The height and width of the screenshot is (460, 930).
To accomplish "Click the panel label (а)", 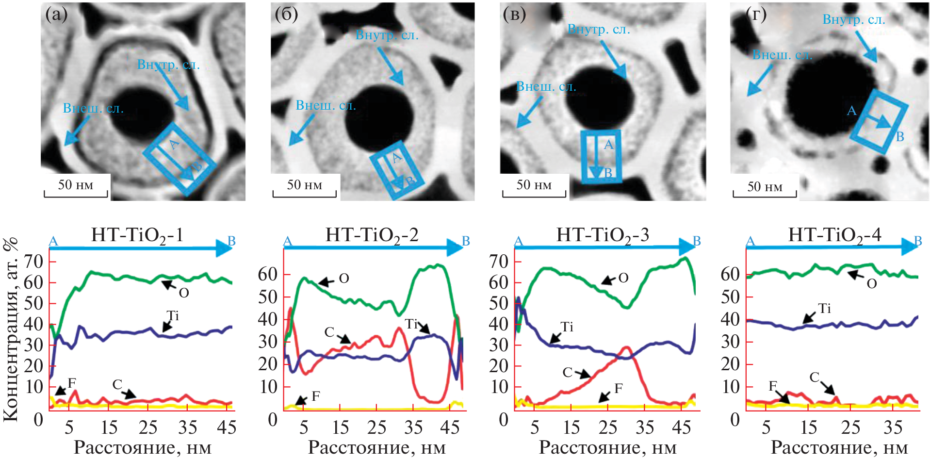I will click(56, 15).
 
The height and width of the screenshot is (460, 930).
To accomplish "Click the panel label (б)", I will click(286, 15).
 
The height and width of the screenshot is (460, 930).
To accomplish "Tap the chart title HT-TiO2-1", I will click(137, 235).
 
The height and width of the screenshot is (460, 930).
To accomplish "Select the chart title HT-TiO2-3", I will click(602, 235).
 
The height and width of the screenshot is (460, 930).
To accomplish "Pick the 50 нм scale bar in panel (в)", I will click(534, 185).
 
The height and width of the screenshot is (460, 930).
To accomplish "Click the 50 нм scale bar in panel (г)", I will click(765, 187).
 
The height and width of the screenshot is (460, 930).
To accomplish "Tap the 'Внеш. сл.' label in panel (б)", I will click(326, 106).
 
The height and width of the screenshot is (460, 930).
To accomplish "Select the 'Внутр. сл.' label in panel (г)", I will click(853, 20).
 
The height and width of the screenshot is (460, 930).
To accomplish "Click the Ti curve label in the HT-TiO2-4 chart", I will click(824, 309).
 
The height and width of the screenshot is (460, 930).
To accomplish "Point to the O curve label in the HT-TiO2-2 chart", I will click(343, 279).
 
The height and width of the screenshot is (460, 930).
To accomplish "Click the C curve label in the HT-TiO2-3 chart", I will click(568, 372).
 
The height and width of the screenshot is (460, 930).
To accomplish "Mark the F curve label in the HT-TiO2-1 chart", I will click(72, 383).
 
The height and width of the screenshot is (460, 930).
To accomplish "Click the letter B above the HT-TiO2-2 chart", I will click(466, 241).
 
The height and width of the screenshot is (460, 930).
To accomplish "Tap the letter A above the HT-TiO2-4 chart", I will click(750, 241).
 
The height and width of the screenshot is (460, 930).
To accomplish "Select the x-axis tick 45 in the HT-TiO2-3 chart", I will click(681, 427).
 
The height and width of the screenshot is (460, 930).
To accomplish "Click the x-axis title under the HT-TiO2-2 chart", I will click(376, 448).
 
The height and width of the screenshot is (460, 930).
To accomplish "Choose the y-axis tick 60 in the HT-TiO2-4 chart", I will click(730, 275).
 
